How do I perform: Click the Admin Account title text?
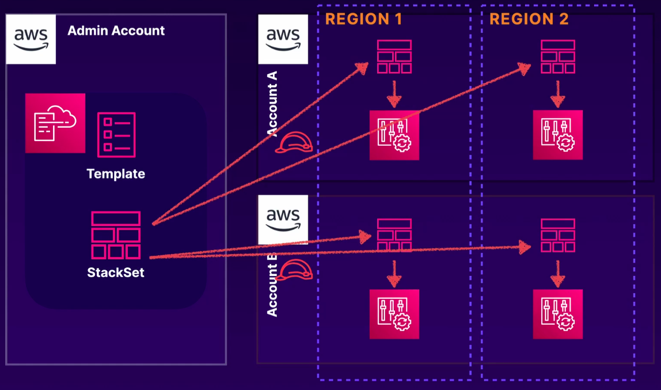click(116, 31)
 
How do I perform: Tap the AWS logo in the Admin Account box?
click(31, 39)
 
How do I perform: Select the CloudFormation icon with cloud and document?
click(55, 123)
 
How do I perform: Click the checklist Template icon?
click(116, 135)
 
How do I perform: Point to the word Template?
click(116, 174)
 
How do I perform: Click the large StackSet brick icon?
click(116, 235)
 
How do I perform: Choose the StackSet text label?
click(116, 272)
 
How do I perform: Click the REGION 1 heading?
click(363, 19)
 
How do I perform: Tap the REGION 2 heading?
click(529, 19)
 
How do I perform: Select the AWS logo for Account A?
click(283, 39)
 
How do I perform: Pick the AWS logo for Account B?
click(283, 219)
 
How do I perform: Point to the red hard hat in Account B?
click(294, 270)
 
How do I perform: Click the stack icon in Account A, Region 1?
click(394, 56)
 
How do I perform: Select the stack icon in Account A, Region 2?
click(558, 56)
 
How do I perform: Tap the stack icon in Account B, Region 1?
click(394, 235)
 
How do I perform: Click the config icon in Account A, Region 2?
click(558, 135)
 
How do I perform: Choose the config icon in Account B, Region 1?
click(394, 314)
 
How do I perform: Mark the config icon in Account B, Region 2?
click(558, 314)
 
